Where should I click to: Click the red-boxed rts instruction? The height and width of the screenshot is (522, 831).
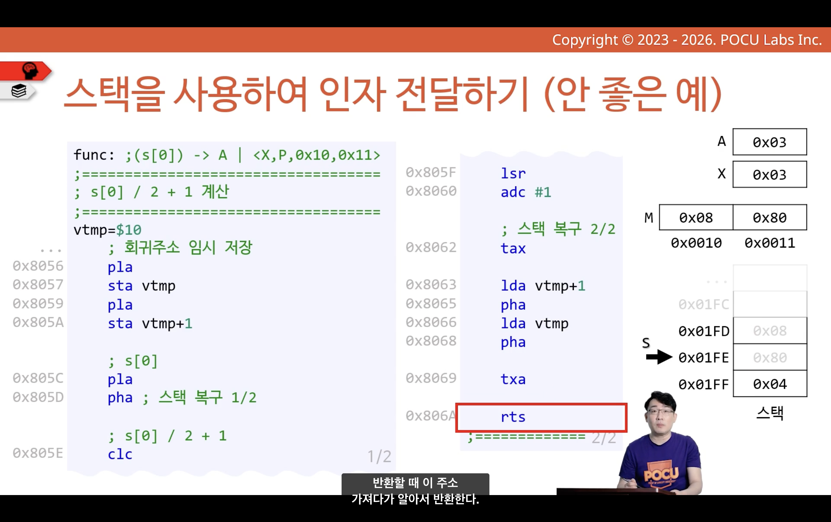[513, 417]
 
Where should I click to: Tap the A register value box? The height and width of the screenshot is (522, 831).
[770, 142]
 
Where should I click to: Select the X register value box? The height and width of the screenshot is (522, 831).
[770, 174]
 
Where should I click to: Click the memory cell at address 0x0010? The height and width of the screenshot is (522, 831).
[696, 218]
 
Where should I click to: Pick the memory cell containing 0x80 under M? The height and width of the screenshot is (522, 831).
[770, 218]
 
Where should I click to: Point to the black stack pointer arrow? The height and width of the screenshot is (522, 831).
[659, 357]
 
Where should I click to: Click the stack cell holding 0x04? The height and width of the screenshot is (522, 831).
[770, 384]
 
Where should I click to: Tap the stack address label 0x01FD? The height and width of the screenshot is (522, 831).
[704, 331]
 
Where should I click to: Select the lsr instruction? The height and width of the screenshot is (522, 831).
[513, 173]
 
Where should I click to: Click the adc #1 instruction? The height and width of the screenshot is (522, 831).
[526, 192]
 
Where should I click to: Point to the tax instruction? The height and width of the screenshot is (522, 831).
[513, 248]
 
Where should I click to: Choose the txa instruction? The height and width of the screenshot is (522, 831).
[513, 379]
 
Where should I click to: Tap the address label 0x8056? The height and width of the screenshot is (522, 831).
[38, 266]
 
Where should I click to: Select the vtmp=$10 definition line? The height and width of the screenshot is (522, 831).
[107, 230]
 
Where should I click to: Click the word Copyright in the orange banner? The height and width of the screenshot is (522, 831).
[585, 40]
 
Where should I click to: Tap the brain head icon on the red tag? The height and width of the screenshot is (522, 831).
[30, 70]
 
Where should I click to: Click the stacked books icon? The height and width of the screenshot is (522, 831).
[19, 91]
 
